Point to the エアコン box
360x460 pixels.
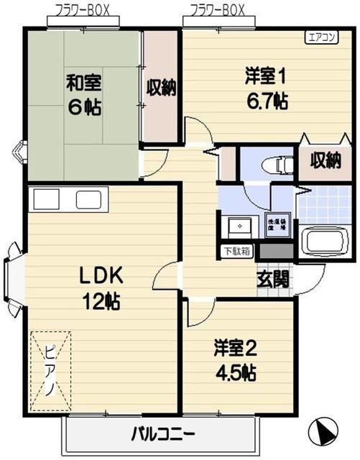(320, 38)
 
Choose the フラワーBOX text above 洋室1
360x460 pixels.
(218, 11)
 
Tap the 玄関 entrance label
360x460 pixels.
(274, 277)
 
